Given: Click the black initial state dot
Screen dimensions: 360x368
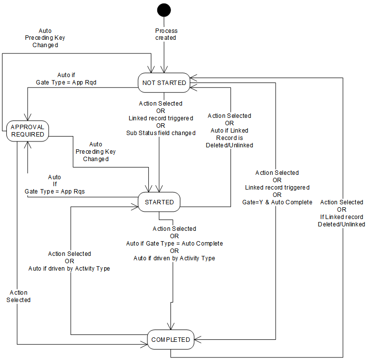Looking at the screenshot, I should (164, 10).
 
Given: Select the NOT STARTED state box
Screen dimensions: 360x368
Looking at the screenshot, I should (164, 83).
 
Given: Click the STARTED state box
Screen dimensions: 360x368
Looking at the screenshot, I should (159, 202).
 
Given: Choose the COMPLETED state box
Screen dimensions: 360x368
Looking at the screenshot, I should (170, 339).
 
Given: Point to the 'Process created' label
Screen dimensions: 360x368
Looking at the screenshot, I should (166, 34).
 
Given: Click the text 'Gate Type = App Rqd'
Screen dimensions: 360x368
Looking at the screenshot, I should (66, 83).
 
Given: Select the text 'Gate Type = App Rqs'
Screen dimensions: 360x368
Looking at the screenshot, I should (55, 191).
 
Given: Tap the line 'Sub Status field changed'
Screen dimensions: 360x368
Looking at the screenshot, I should (161, 133).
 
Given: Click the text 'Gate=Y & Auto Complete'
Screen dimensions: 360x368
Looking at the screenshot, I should (277, 202).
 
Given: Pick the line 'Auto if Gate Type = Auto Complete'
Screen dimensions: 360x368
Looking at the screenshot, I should (174, 243).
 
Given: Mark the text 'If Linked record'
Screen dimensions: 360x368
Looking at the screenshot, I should (342, 217).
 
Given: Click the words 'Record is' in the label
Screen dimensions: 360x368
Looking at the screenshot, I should (229, 138).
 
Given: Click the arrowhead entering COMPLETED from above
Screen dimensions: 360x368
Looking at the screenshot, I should (170, 328).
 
